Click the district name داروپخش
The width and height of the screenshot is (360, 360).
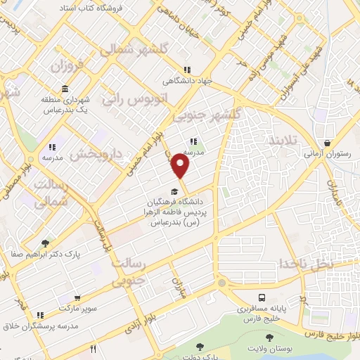98,150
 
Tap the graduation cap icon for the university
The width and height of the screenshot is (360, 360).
174,191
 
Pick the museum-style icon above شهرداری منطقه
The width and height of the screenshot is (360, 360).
65,89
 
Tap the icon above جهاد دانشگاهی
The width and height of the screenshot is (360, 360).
186,70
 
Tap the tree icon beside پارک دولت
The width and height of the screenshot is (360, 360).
199,346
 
